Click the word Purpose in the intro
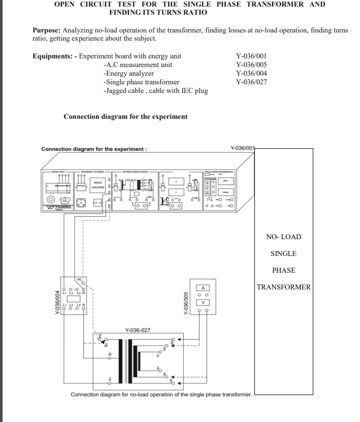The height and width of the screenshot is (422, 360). tap(48, 30)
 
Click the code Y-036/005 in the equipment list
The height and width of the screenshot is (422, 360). tap(251, 64)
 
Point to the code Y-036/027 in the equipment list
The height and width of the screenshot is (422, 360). tap(251, 82)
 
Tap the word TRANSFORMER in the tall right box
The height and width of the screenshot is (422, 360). tap(283, 287)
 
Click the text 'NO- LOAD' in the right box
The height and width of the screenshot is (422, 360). tap(283, 237)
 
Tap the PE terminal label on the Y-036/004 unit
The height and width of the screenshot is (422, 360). tap(79, 280)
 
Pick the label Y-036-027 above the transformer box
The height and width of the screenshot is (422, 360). tap(138, 330)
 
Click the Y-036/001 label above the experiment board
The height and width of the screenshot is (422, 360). tap(242, 148)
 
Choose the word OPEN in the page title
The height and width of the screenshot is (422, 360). tap(64, 4)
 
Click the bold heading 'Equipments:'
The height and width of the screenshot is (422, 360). tap(52, 56)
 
